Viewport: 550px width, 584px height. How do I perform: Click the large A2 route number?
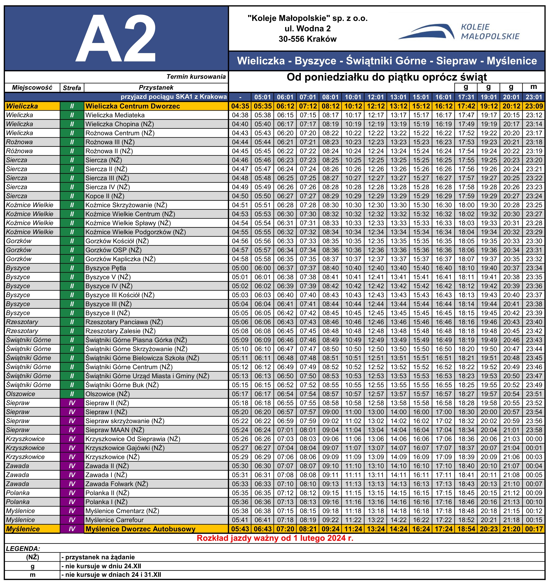tap(116, 38)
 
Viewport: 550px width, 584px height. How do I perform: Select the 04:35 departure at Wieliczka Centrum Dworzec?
tap(240, 106)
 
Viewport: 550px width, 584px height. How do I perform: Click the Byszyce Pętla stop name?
tap(106, 268)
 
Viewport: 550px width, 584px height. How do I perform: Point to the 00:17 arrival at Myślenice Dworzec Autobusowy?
tap(534, 529)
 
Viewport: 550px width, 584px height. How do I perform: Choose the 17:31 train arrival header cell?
tap(466, 97)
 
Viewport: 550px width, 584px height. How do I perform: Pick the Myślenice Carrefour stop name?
tap(114, 520)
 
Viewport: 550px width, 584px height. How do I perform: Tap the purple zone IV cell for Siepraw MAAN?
tap(72, 430)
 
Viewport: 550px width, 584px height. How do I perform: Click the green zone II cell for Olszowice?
tap(72, 394)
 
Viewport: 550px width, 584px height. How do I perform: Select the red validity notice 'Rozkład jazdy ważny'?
tap(275, 538)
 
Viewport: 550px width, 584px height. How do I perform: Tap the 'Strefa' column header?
tap(72, 88)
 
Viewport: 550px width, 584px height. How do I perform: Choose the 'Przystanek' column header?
tap(156, 88)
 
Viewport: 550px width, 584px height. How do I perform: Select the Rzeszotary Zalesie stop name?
tap(120, 331)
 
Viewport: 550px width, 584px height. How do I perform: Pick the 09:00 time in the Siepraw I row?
tap(330, 412)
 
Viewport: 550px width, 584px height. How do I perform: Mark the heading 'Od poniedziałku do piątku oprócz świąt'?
tap(387, 77)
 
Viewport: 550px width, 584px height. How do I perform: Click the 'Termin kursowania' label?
tap(196, 77)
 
